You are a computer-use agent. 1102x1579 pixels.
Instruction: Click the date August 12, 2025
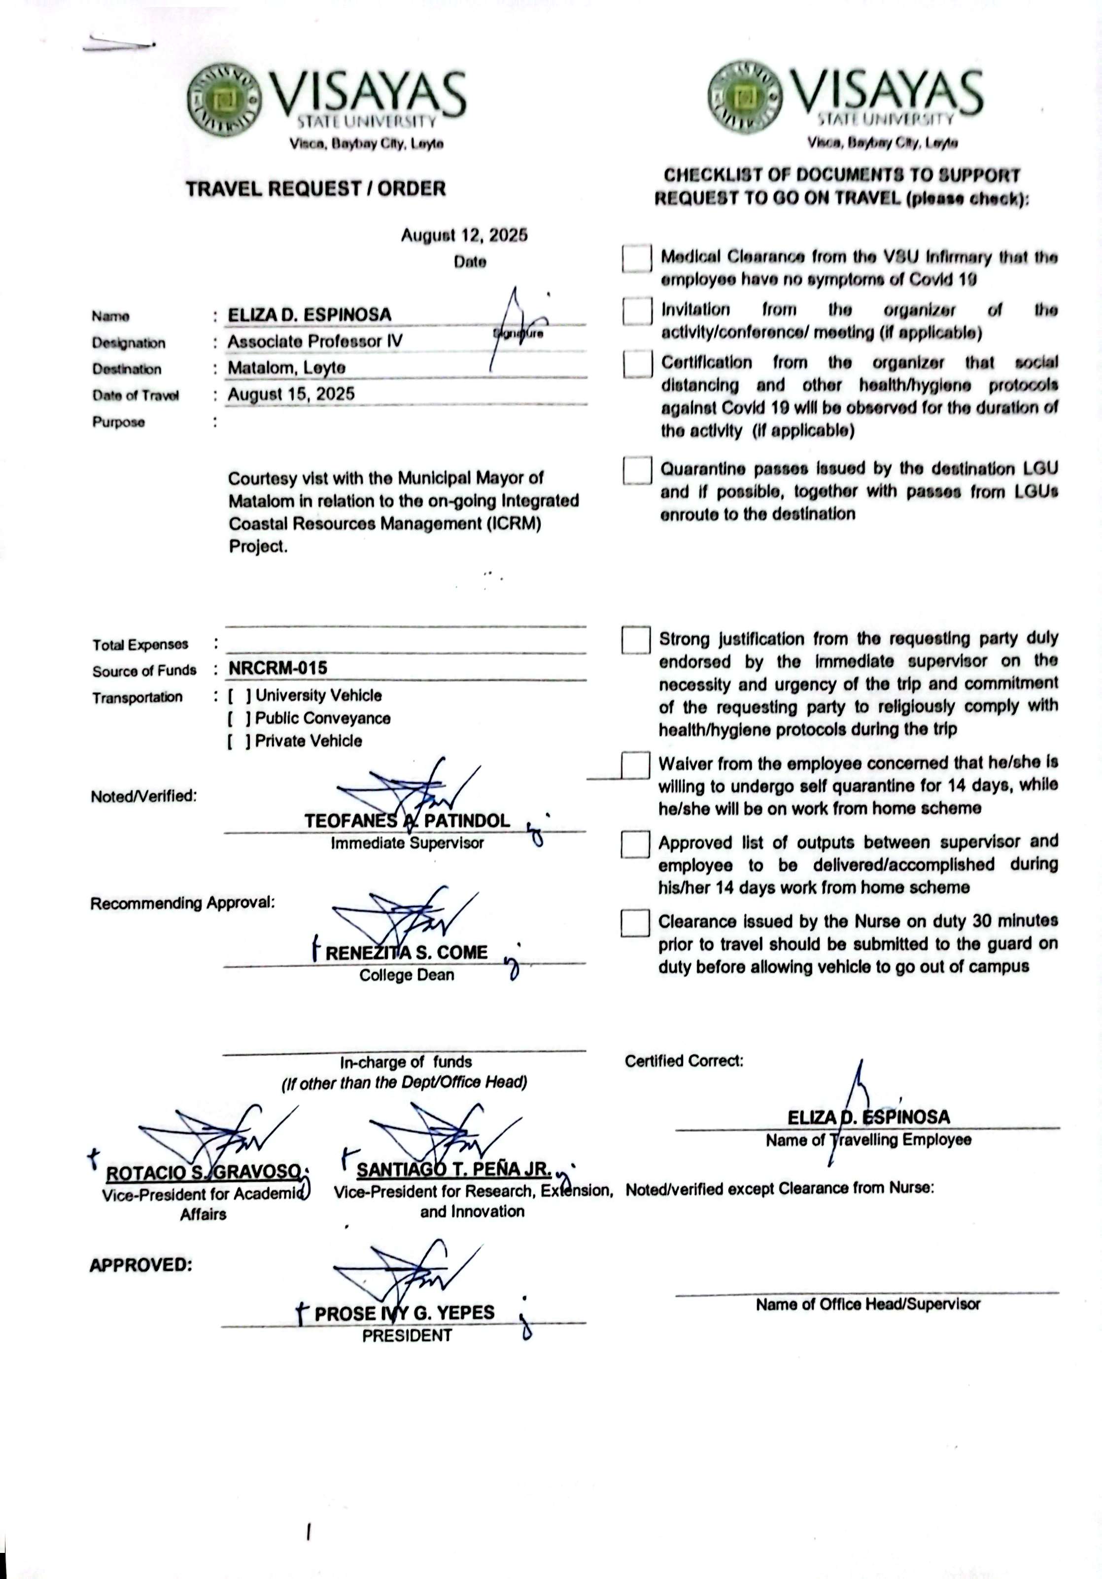pyautogui.click(x=464, y=235)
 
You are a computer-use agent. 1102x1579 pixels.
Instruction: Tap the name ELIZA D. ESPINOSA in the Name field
pyautogui.click(x=310, y=315)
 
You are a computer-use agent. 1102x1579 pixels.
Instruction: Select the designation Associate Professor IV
pyautogui.click(x=315, y=341)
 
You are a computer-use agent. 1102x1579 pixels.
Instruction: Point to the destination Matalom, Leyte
pyautogui.click(x=286, y=368)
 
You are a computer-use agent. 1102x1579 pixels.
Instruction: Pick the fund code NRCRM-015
pyautogui.click(x=278, y=668)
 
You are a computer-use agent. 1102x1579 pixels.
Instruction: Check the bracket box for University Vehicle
pyautogui.click(x=239, y=695)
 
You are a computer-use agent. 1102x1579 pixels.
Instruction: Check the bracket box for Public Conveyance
pyautogui.click(x=239, y=718)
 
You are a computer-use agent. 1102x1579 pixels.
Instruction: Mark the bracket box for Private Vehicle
pyautogui.click(x=239, y=741)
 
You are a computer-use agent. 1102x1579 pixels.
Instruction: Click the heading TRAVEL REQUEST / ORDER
pyautogui.click(x=316, y=188)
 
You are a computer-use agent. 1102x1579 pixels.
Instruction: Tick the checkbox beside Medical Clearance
pyautogui.click(x=637, y=259)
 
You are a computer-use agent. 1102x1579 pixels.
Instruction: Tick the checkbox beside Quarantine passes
pyautogui.click(x=637, y=471)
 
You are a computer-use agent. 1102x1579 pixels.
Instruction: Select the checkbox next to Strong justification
pyautogui.click(x=636, y=640)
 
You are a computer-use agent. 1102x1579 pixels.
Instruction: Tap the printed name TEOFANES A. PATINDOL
pyautogui.click(x=407, y=821)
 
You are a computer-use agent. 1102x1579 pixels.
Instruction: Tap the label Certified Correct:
pyautogui.click(x=684, y=1061)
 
